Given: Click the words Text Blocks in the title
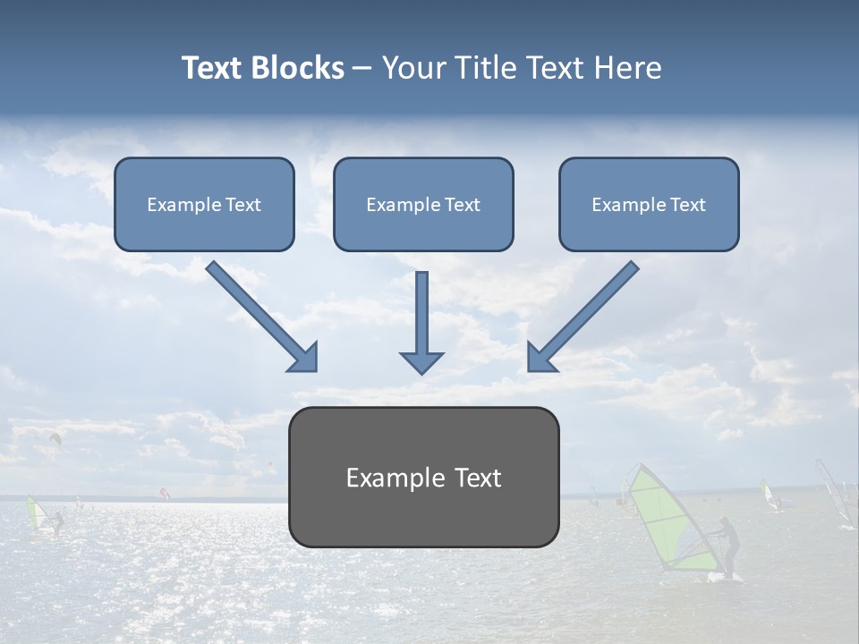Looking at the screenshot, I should point(262,68).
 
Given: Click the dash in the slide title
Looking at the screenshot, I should point(362,69).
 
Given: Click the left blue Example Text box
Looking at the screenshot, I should point(204,204).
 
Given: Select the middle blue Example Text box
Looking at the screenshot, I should point(423,204).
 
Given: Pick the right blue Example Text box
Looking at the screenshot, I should point(649,204).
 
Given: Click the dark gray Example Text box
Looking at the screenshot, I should point(423,477).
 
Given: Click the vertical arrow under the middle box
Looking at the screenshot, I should point(421,322).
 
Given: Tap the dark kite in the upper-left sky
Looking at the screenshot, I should point(55,438).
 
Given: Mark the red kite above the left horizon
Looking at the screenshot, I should point(163,492).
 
